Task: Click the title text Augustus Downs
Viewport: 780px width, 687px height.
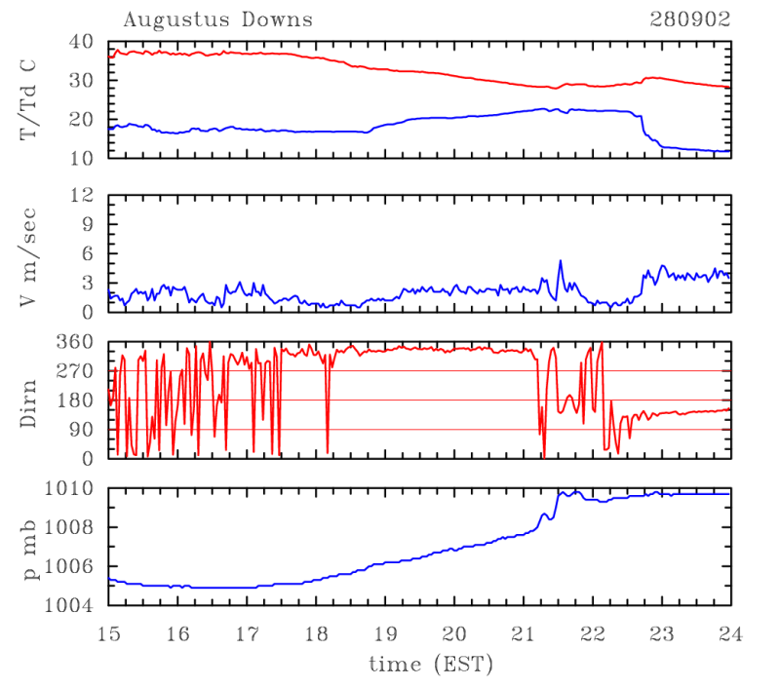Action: coord(217,19)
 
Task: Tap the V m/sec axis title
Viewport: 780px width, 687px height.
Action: coord(29,254)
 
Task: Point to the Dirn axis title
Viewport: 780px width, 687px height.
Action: coord(29,400)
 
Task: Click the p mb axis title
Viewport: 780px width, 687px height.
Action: coord(29,547)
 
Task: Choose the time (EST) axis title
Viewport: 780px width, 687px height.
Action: coord(430,665)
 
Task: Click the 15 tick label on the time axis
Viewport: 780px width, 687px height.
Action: coord(108,633)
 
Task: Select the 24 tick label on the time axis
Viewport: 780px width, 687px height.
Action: coord(730,633)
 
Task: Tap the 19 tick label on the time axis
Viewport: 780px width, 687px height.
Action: coord(385,633)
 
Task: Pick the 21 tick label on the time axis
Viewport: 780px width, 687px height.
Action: coord(523,633)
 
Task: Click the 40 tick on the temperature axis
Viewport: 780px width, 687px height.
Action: coord(80,42)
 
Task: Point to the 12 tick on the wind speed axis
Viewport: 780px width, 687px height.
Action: coord(80,196)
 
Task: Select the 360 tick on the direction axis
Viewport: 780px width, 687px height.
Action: coord(76,342)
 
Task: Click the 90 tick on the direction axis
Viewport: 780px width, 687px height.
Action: coord(80,430)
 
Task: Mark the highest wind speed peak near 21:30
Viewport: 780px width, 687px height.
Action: coord(561,261)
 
